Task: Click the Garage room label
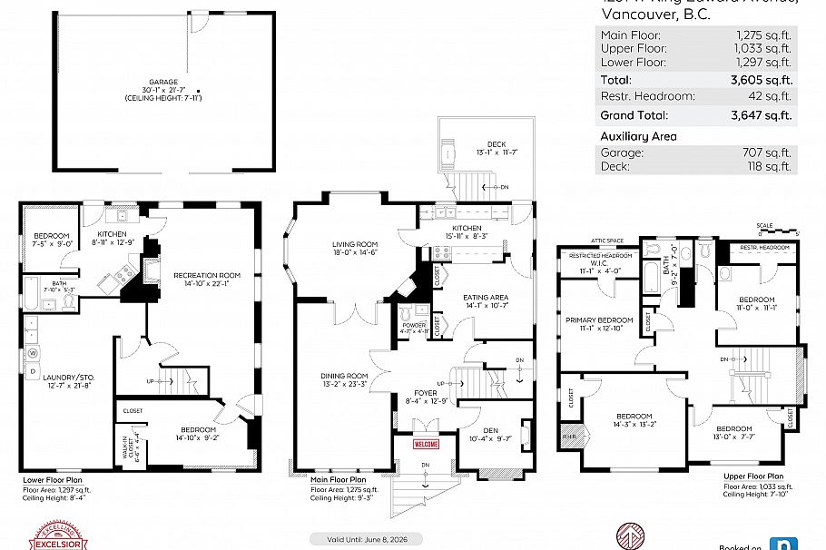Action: (164, 83)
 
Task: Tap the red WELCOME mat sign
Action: (426, 445)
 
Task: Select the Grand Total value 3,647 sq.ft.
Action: (762, 115)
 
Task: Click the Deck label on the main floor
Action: (496, 143)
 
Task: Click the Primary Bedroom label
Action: (599, 320)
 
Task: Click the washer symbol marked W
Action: (34, 352)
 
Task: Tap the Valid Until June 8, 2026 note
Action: (361, 538)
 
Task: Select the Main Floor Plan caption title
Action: (339, 480)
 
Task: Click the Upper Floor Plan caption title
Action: (752, 476)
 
